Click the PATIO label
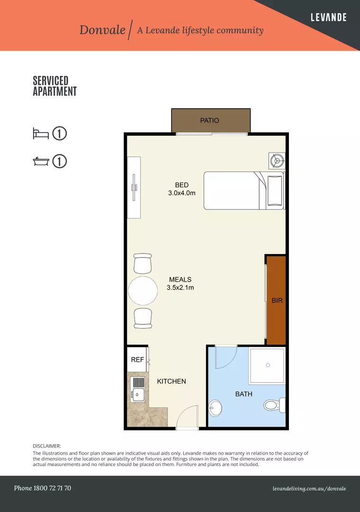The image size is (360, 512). [209, 120]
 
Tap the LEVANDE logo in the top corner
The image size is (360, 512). [328, 18]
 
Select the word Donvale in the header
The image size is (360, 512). [102, 30]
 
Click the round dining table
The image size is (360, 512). [143, 291]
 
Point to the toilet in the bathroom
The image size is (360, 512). [273, 405]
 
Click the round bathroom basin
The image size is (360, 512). [215, 408]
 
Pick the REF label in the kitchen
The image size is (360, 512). [137, 359]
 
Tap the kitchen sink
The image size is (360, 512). [137, 394]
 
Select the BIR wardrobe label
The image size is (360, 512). [277, 301]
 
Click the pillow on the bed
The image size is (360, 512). [275, 191]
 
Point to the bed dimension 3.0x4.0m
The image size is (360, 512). [182, 193]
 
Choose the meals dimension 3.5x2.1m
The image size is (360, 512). [180, 288]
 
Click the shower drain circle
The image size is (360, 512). [268, 365]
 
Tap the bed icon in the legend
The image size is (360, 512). [41, 134]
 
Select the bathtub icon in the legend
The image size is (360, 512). [41, 161]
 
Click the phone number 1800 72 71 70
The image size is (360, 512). [52, 488]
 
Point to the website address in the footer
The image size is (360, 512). [309, 489]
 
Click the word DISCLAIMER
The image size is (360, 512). [47, 446]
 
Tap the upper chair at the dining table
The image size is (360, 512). [143, 264]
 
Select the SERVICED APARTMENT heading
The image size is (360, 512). [55, 86]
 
